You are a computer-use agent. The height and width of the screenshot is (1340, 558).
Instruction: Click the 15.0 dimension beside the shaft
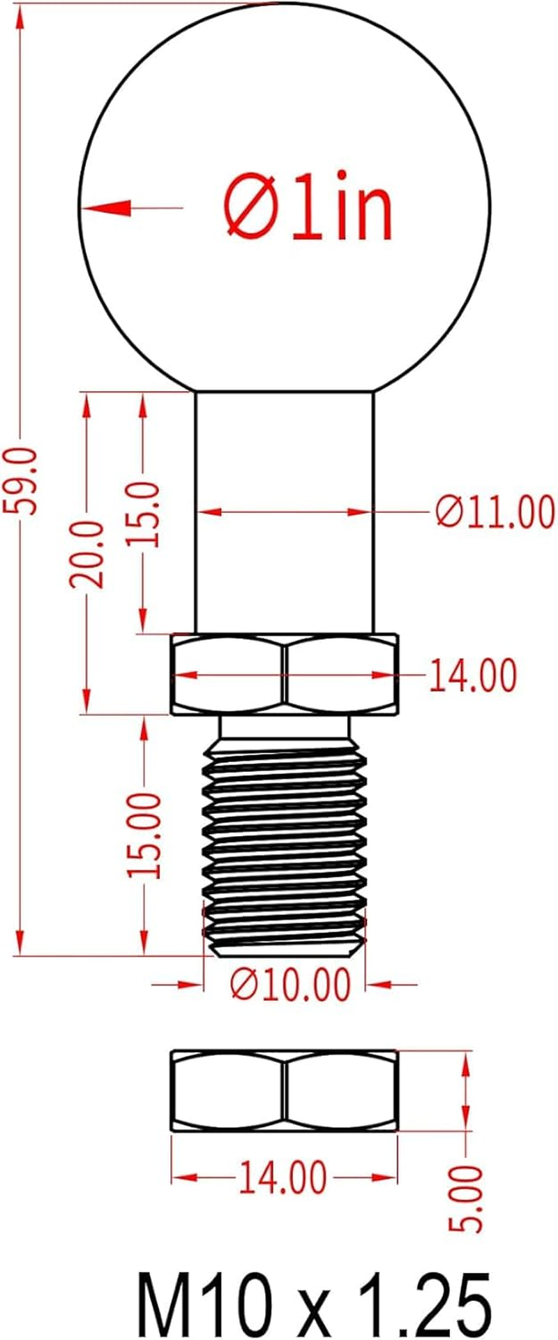pos(144,514)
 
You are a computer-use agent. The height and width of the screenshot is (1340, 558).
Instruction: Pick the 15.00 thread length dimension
pos(145,835)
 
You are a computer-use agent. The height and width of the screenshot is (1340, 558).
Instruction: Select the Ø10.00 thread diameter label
pos(289,985)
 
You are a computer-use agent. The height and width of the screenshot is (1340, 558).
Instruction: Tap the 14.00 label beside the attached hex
pos(472,676)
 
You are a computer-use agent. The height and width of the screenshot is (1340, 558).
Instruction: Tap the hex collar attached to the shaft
pos(284,674)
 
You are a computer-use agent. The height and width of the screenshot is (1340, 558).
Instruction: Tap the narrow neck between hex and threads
pos(284,727)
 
